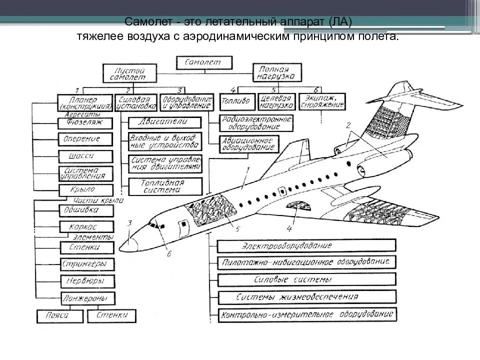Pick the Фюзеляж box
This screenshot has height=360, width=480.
click(x=85, y=121)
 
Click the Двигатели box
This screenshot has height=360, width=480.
click(x=165, y=121)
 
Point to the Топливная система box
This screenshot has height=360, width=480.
click(x=165, y=186)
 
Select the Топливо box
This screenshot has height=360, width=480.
click(x=237, y=101)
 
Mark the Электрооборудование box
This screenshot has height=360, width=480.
click(x=307, y=245)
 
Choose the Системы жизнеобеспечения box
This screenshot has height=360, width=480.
click(x=307, y=296)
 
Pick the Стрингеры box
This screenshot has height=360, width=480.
click(x=85, y=263)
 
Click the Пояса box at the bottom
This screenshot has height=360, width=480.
click(x=59, y=315)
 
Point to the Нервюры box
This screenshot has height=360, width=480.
click(x=85, y=280)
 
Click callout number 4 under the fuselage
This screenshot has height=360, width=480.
click(x=288, y=229)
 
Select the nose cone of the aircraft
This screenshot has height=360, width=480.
click(x=128, y=243)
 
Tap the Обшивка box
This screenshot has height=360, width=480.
click(x=85, y=209)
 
